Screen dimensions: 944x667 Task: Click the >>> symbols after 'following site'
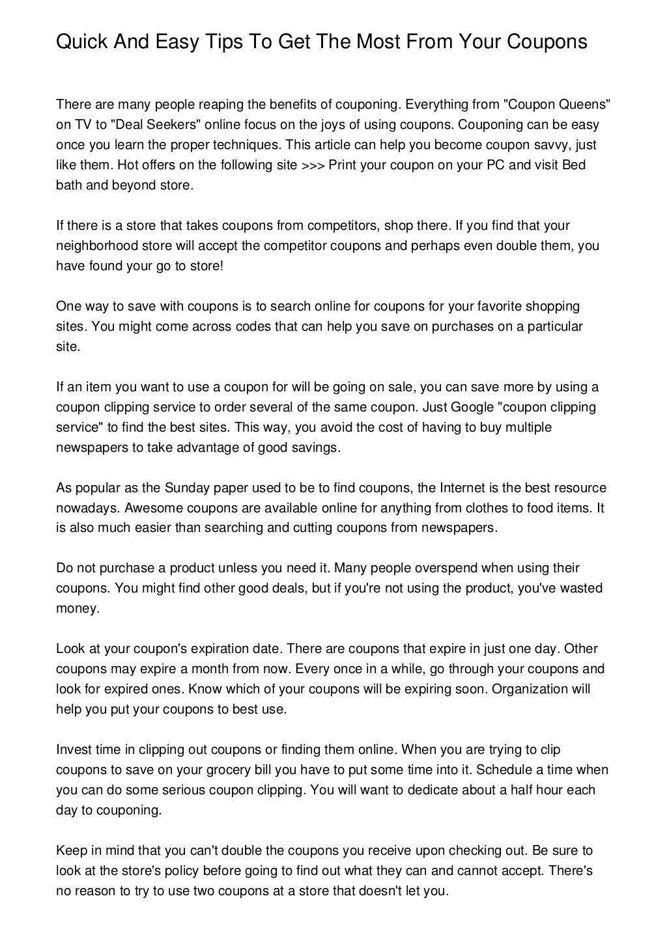click(314, 165)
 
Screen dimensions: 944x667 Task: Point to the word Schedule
click(504, 770)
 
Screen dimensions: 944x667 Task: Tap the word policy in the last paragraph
click(210, 871)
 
